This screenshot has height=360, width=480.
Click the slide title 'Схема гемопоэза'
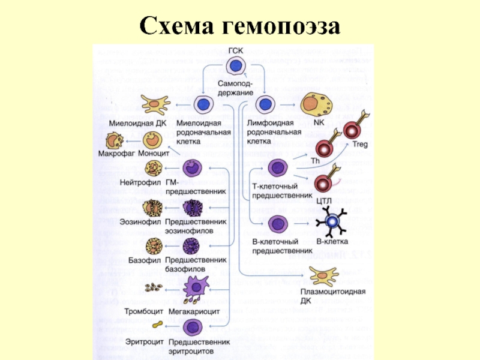point(240,26)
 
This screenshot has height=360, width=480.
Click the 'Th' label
point(315,161)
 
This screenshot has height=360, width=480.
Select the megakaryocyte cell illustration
point(193,291)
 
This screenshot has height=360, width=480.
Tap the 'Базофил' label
point(143,262)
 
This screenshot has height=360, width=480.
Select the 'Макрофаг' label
point(115,154)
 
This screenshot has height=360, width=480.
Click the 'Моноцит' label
point(153,154)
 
